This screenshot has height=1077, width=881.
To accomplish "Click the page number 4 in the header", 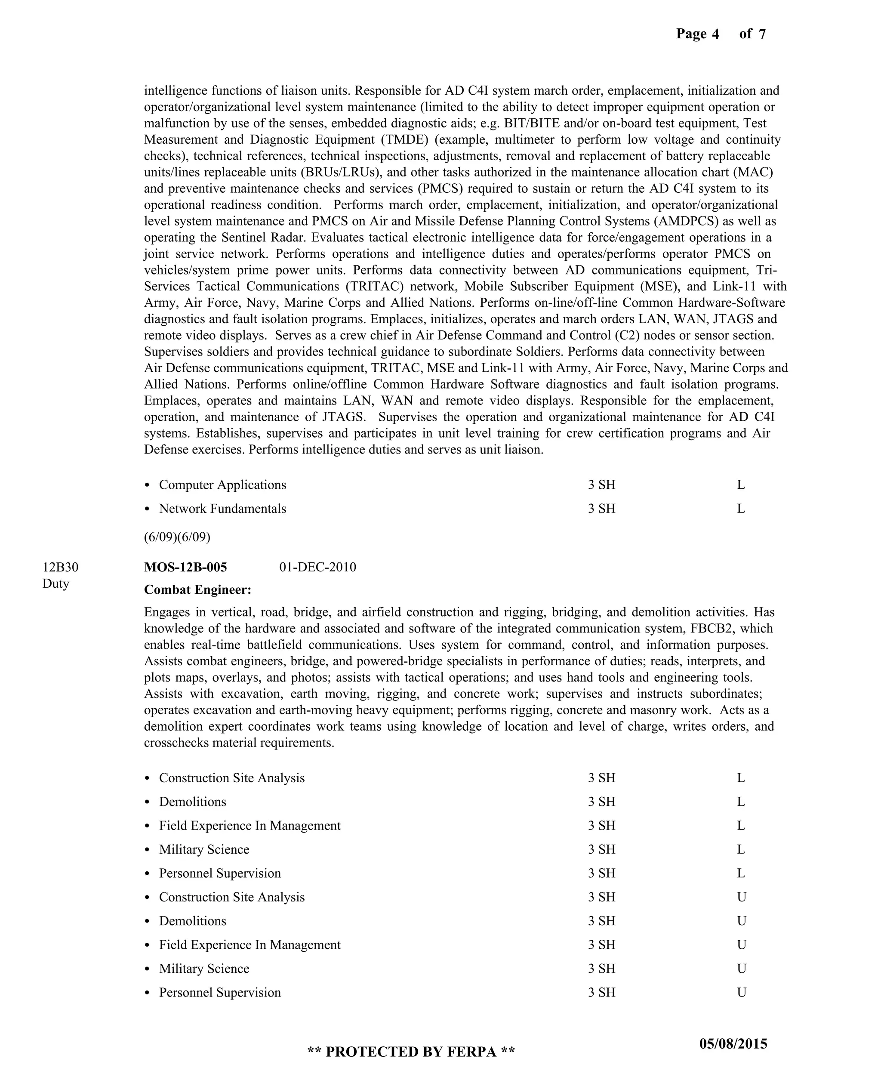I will tap(715, 34).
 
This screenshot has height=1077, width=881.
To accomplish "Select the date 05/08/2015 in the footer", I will tap(733, 1044).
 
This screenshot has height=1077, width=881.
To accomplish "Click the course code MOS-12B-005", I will tap(185, 567).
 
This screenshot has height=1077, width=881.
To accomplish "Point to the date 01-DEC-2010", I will tap(318, 567).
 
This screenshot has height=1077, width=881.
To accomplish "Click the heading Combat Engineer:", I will tap(197, 590).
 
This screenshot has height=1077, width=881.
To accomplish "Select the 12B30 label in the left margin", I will tap(60, 567).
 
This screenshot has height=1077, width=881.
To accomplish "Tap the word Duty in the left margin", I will tap(55, 583).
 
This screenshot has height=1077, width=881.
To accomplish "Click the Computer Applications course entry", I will tap(222, 484).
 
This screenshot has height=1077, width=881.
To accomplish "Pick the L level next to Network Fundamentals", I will tap(740, 509).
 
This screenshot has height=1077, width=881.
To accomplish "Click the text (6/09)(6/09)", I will tap(177, 537).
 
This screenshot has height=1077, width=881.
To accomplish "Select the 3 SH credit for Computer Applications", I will tap(601, 484).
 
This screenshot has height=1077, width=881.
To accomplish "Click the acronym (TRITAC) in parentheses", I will tap(376, 286).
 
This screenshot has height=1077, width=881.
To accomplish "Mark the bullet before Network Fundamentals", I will tap(147, 509).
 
